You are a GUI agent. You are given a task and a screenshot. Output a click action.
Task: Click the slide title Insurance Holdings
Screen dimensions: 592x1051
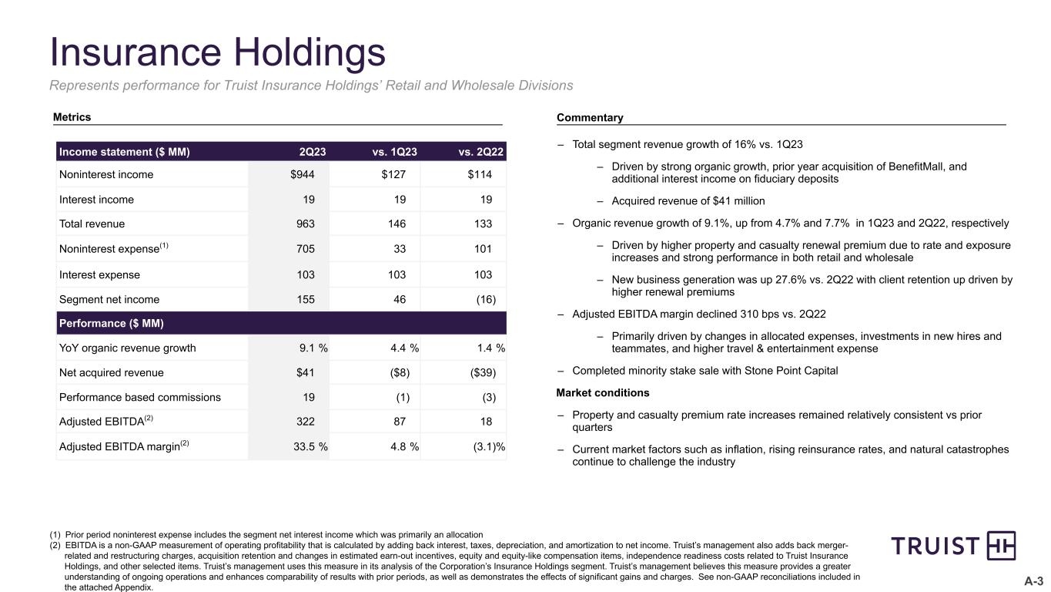218,53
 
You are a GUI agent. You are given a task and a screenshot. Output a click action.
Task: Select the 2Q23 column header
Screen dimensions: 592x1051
312,152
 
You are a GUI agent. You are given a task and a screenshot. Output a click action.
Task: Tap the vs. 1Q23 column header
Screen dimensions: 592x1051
394,152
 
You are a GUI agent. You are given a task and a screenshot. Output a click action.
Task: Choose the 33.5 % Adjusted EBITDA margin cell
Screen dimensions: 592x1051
313,447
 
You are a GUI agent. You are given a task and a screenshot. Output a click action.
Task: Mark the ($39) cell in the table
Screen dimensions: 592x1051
484,373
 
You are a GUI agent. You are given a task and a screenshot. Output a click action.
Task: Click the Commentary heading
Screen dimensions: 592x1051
590,118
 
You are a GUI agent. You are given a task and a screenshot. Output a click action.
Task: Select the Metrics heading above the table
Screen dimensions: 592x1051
72,117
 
